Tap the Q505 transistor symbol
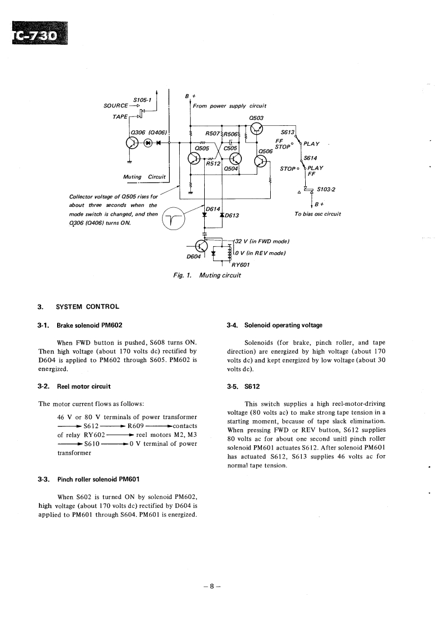[194, 159]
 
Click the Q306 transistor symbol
[133, 142]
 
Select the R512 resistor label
[214, 164]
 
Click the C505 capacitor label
[230, 148]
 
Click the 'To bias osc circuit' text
[317, 214]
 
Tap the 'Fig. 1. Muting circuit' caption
[207, 275]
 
